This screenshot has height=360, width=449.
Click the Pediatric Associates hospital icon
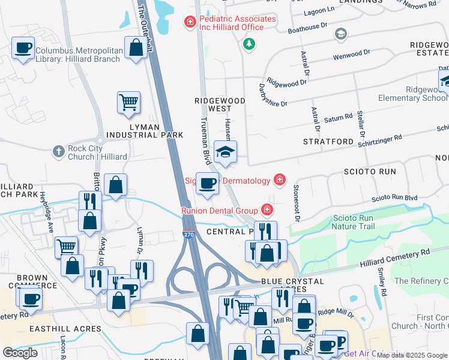[x=190, y=23]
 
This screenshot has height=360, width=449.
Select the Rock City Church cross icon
[x=58, y=151]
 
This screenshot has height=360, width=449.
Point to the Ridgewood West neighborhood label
[x=220, y=104]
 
